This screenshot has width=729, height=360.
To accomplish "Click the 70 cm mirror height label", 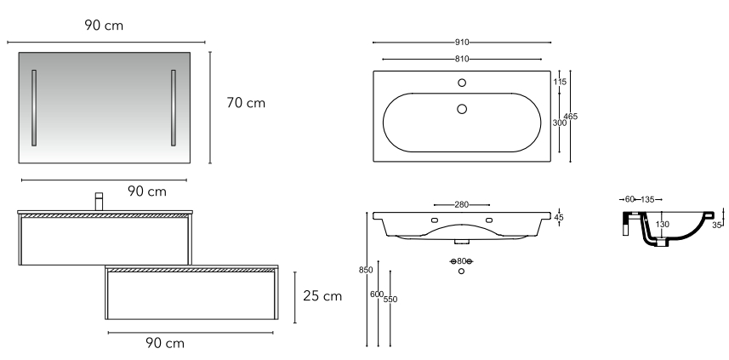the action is coord(246,103).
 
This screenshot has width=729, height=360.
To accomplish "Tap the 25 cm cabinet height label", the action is coord(322,296).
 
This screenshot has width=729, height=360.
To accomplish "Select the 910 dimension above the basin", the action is coord(462,43).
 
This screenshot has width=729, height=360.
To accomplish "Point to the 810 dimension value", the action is coord(462,59).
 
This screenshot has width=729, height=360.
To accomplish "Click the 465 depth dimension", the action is coord(570,117).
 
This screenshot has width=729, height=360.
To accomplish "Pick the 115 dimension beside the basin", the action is coord(560,82).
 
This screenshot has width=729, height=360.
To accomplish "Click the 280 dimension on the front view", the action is coord(462,204).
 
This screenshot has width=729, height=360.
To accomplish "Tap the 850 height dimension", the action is coord(366,270).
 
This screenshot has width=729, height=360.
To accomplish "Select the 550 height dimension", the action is coord(390,300).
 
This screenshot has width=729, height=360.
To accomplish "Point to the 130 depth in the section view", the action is coord(663,224).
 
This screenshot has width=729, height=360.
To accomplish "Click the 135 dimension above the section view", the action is coord(647,199).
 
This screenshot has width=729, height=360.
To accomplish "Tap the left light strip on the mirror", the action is coord(34,108).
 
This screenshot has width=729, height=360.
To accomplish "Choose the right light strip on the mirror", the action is coord(174,108).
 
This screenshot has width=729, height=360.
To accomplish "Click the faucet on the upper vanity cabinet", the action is coord(99,202).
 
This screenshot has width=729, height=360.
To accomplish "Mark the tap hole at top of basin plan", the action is coord(462,83).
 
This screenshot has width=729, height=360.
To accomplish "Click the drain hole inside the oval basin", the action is coord(462,109).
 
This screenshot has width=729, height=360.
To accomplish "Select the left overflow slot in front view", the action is coord(435,220).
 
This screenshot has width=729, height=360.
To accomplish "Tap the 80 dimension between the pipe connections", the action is coord(461,261).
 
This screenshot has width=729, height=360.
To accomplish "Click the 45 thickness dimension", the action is coord(559,217).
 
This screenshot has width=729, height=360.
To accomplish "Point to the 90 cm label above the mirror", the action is coord(104,26).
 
